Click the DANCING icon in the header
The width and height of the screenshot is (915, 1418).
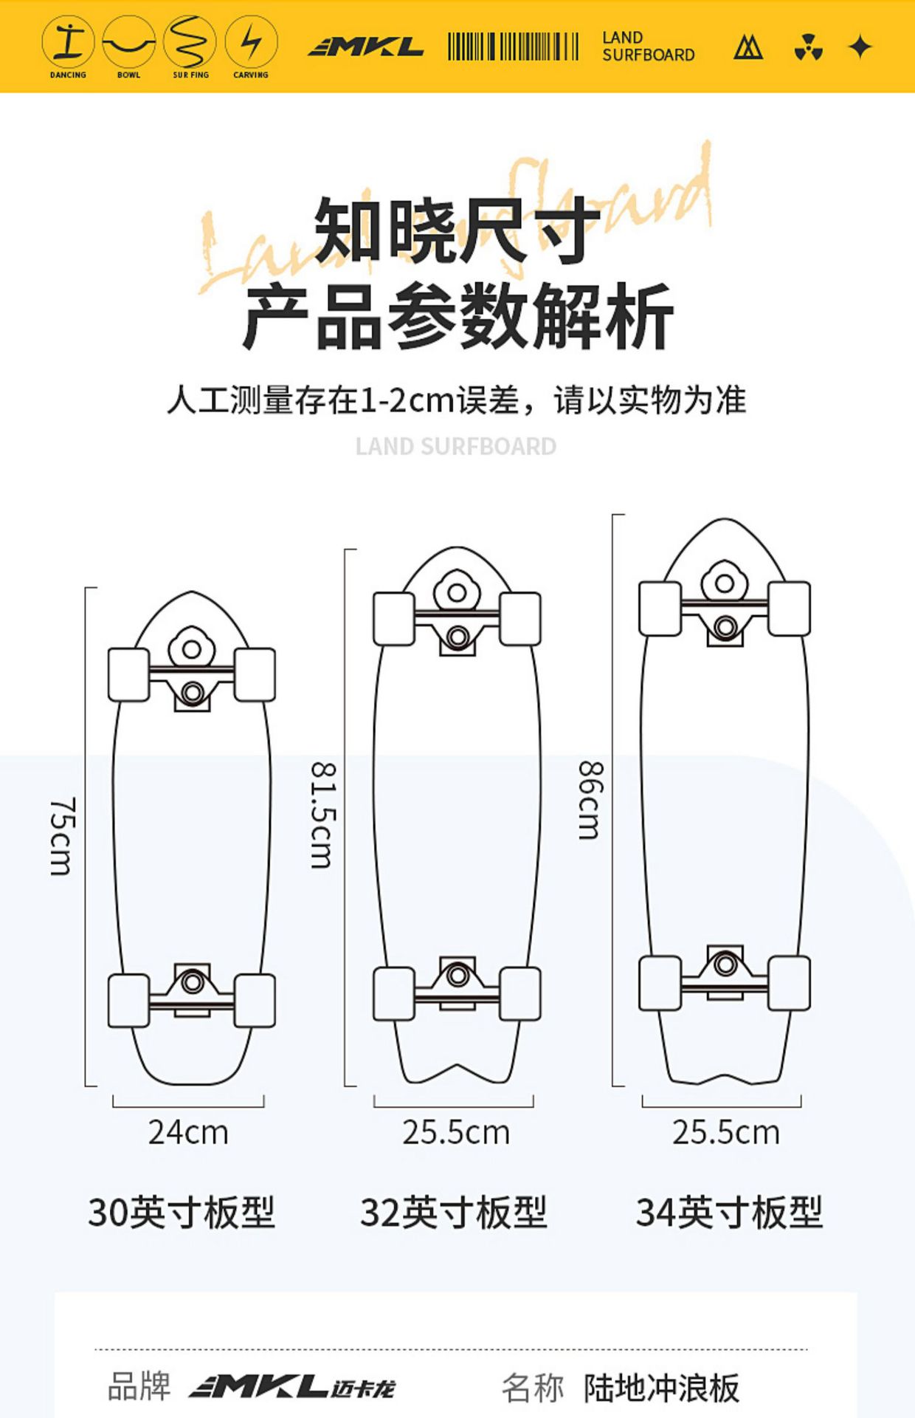(68, 43)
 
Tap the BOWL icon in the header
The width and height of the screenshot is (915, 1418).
(128, 43)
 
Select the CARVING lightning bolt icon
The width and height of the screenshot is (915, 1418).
(251, 43)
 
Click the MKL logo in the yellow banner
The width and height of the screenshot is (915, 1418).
(366, 48)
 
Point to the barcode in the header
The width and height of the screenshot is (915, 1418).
(513, 47)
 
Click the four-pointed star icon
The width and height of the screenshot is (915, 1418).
(860, 48)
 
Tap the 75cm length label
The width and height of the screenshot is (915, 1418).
(62, 836)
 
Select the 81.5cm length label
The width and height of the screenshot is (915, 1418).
(323, 815)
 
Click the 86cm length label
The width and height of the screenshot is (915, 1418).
(590, 801)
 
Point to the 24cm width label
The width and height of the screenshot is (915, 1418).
(188, 1132)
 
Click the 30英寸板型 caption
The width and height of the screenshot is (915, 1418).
(182, 1213)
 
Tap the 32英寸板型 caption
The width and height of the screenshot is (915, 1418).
(454, 1213)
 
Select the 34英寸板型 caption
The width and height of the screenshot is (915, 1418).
(729, 1213)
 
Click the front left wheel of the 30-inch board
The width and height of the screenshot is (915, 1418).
(129, 674)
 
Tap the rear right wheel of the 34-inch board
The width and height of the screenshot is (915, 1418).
(789, 983)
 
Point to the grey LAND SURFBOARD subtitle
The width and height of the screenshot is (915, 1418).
(456, 446)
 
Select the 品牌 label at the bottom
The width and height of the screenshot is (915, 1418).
(139, 1386)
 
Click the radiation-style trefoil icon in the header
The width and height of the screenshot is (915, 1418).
(809, 48)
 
